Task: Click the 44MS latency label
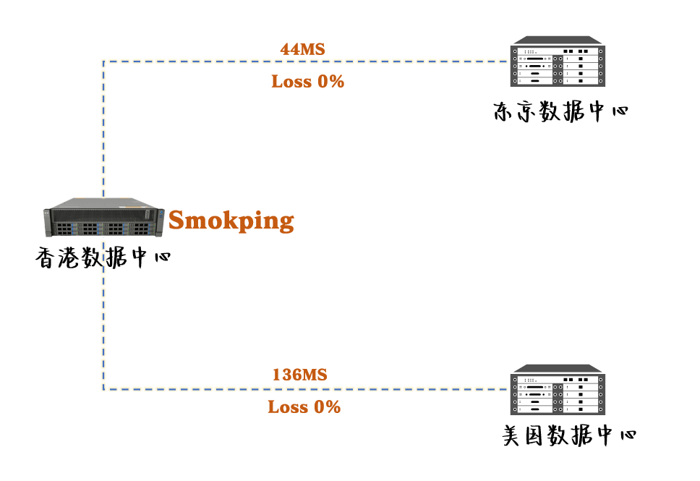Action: [302, 49]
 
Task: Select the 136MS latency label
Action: [299, 375]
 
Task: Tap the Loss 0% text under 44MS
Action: [307, 82]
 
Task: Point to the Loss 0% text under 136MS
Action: [304, 407]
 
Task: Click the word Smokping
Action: [231, 220]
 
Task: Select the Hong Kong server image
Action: [101, 217]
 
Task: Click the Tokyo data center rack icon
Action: [557, 63]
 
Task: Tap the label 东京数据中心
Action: [560, 112]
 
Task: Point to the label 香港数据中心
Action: [103, 257]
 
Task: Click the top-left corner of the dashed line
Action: [103, 61]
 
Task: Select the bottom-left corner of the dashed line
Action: [103, 389]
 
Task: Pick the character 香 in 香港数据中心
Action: [46, 257]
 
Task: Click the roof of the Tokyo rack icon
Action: [557, 41]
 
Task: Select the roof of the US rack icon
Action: [557, 367]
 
